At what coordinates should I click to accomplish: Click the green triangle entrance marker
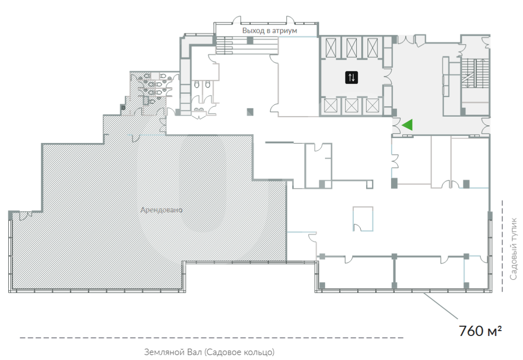click(409, 125)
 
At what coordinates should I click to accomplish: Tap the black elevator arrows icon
click(351, 77)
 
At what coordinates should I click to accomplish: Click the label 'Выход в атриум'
click(270, 31)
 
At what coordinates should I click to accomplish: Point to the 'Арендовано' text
click(161, 210)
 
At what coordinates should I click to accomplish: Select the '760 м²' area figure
click(480, 331)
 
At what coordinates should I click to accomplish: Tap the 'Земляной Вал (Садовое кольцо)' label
click(209, 352)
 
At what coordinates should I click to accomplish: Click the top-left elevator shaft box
click(330, 48)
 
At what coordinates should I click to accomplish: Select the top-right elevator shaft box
click(373, 48)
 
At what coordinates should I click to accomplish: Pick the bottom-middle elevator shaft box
click(351, 106)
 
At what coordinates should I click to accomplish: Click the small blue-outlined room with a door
click(363, 218)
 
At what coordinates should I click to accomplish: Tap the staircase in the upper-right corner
click(475, 73)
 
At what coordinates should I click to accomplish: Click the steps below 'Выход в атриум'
click(247, 46)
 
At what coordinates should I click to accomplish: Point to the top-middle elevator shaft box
click(351, 48)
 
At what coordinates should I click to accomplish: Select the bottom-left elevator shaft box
click(330, 106)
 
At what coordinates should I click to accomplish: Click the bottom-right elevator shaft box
click(372, 106)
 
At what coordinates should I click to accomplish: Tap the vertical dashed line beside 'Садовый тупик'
click(502, 246)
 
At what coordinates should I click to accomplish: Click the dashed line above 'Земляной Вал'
click(211, 337)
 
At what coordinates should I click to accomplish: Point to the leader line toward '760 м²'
click(440, 306)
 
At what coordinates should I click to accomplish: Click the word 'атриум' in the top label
click(284, 31)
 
